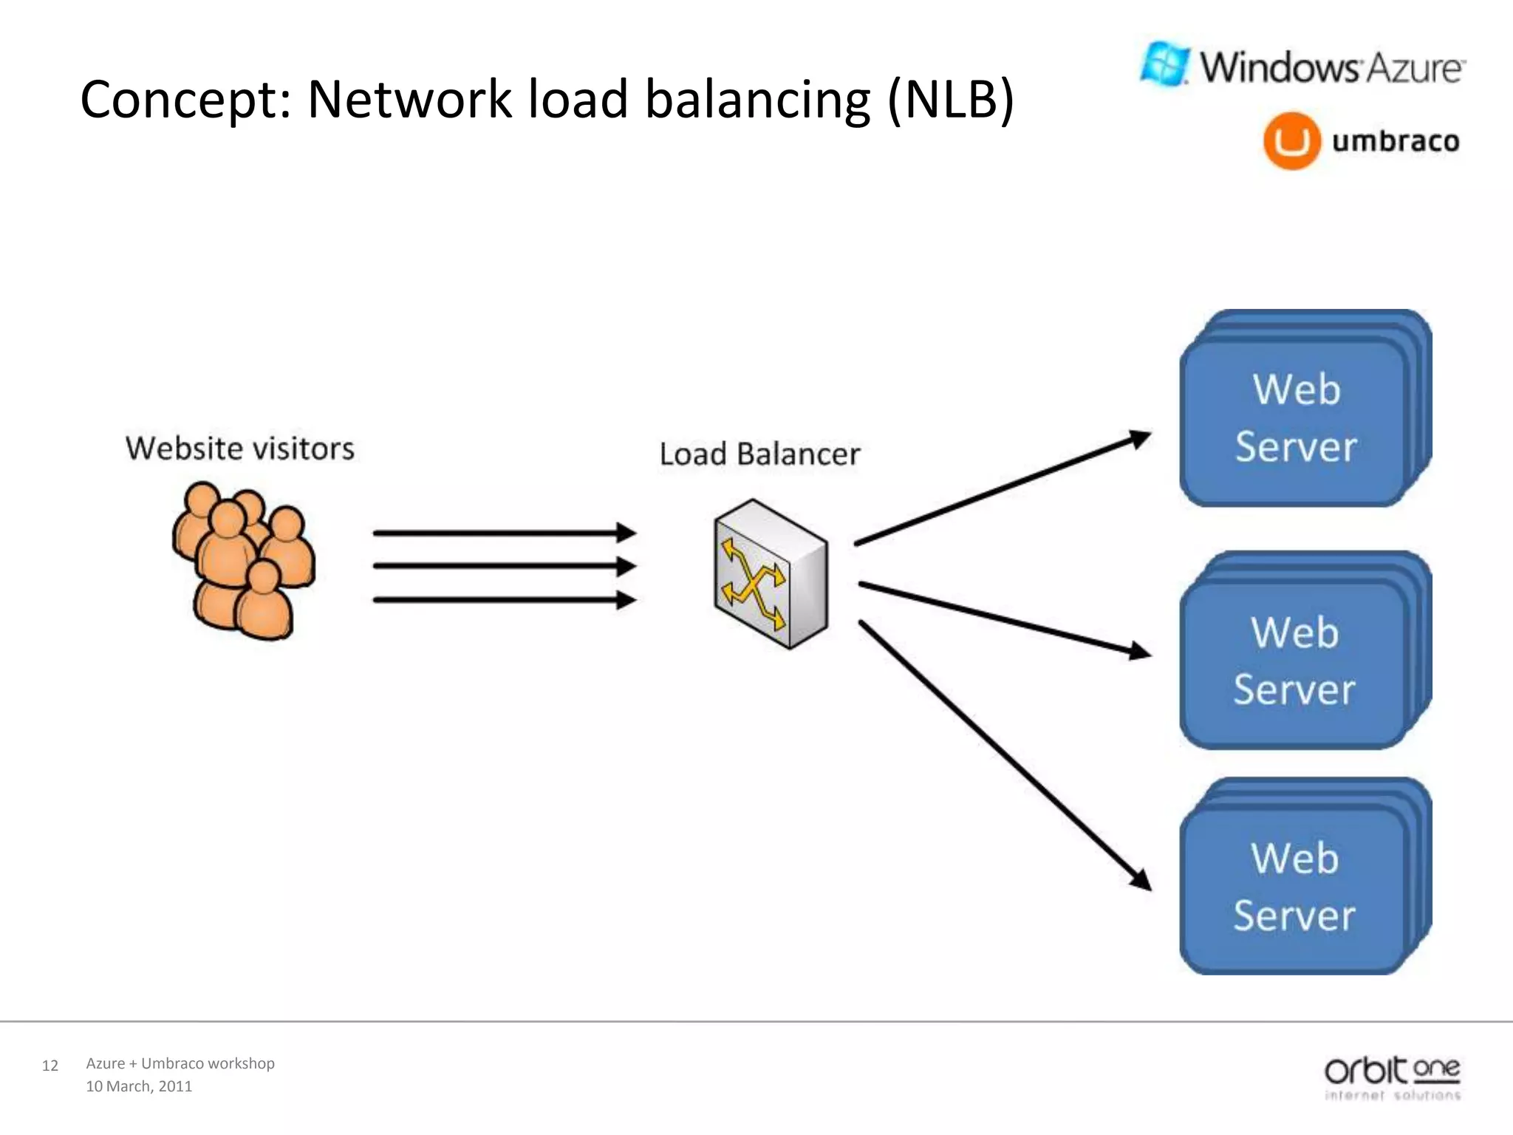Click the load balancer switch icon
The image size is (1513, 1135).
(x=771, y=574)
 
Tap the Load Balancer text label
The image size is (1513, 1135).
(x=759, y=454)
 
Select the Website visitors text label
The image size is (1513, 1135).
(x=239, y=449)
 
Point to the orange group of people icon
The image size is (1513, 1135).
(x=243, y=560)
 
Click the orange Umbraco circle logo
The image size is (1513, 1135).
(x=1291, y=141)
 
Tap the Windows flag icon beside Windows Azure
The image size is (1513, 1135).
(x=1165, y=64)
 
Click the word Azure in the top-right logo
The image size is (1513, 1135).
(x=1413, y=68)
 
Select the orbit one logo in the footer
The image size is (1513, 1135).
(x=1392, y=1077)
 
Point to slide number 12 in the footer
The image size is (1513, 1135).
(x=49, y=1066)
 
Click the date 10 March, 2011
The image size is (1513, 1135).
(x=139, y=1086)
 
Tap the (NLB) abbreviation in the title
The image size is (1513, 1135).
(x=950, y=99)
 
